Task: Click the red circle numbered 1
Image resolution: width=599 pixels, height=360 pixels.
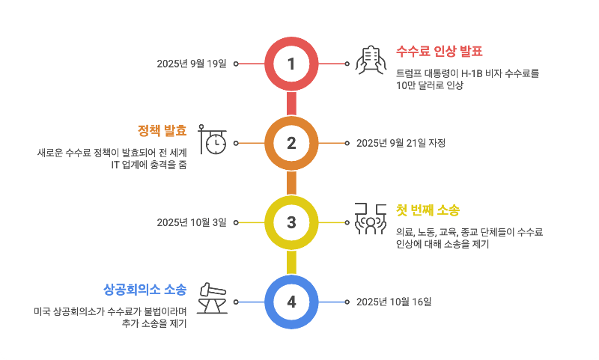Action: click(x=291, y=64)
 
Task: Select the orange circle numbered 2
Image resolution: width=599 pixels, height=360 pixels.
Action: click(x=291, y=143)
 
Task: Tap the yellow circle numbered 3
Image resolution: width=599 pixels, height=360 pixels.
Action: click(x=291, y=222)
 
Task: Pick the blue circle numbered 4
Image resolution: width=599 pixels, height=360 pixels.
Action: click(x=291, y=302)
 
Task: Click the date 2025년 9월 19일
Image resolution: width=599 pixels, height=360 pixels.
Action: click(x=191, y=64)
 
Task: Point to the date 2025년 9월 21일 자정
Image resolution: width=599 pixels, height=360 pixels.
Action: click(x=401, y=143)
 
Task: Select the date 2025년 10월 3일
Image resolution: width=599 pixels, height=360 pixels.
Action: click(x=191, y=222)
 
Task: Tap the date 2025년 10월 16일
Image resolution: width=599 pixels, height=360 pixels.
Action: click(x=394, y=302)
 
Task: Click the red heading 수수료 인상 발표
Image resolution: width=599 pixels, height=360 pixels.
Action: click(x=440, y=52)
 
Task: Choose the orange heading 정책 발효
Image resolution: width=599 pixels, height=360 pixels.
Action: click(x=162, y=129)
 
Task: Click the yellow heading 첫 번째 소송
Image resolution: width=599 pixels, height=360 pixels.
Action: click(x=428, y=210)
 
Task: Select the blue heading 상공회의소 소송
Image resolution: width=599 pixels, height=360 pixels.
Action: click(x=145, y=288)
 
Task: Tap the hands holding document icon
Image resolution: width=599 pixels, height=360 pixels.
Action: click(x=369, y=60)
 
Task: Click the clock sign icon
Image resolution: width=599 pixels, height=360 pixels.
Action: click(x=212, y=139)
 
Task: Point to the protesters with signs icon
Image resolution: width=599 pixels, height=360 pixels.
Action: click(x=369, y=219)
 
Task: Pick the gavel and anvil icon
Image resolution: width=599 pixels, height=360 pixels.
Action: click(x=212, y=298)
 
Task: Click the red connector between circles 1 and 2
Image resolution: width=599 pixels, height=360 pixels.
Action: click(x=291, y=103)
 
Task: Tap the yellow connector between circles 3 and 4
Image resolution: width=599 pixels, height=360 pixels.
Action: click(x=291, y=262)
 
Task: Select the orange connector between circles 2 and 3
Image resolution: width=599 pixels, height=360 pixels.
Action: click(x=291, y=183)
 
